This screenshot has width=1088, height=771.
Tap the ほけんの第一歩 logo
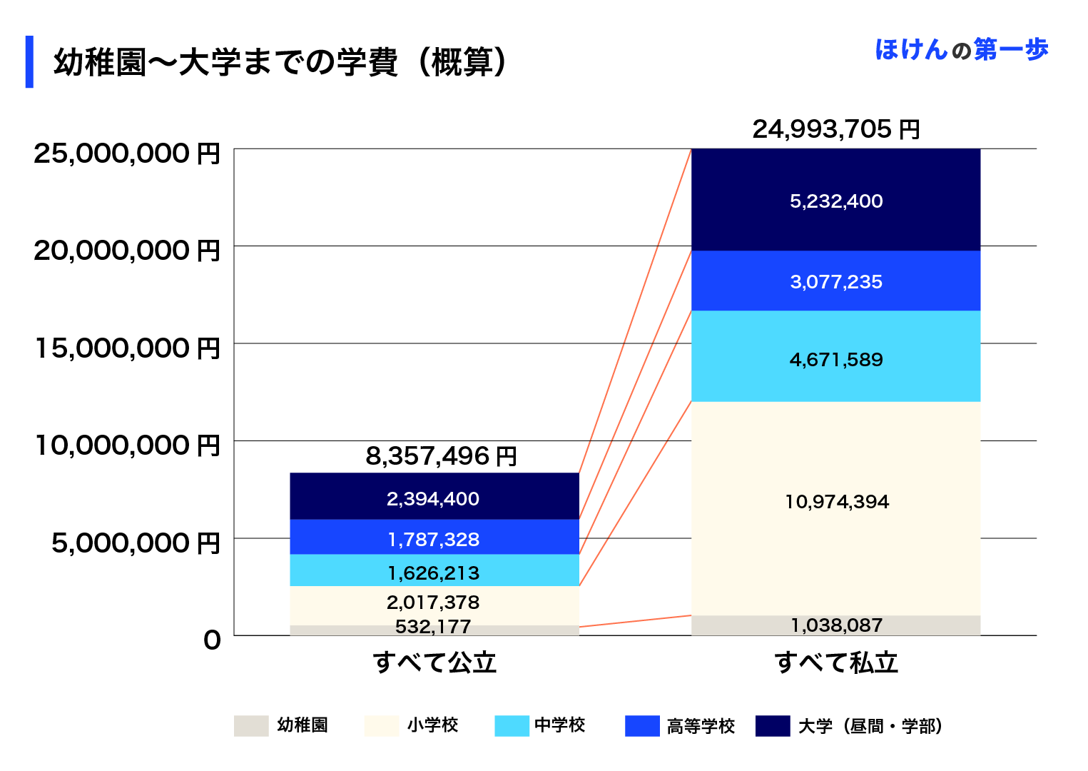[961, 50]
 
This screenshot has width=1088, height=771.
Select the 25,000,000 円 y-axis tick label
[127, 153]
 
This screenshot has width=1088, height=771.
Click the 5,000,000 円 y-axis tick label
[136, 543]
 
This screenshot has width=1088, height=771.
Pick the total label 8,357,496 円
[441, 456]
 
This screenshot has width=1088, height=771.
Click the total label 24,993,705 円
[835, 129]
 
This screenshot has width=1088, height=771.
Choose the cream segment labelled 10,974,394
[835, 502]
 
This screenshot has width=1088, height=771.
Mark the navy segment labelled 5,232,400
[835, 201]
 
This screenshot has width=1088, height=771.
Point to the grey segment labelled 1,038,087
[835, 625]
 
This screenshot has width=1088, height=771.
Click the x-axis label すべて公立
[434, 662]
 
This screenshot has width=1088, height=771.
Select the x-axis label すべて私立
[836, 662]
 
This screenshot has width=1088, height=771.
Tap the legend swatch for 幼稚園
[251, 725]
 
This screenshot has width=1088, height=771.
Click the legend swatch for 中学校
[512, 725]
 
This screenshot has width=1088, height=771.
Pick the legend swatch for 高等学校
[642, 725]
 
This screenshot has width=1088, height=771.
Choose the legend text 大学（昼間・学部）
[871, 726]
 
